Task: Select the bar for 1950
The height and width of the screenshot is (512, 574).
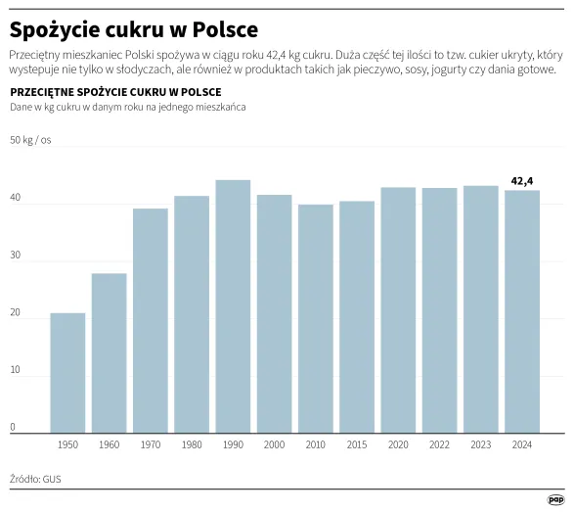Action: [x=67, y=373]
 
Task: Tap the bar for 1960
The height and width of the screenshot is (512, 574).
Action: [x=109, y=352]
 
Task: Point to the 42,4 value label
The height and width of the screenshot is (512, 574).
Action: [x=522, y=180]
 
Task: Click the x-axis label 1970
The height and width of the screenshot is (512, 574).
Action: [x=150, y=445]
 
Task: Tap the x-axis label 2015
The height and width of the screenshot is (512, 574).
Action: [x=356, y=445]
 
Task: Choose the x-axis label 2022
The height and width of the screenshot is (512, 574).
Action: [x=439, y=445]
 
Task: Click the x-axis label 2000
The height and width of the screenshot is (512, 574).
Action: [x=274, y=445]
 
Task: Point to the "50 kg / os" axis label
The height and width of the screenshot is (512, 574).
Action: [x=30, y=141]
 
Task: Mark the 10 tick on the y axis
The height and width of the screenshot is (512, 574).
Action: [x=15, y=369]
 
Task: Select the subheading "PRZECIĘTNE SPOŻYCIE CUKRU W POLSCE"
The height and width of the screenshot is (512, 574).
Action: [x=115, y=92]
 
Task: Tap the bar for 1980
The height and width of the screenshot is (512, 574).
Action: [x=192, y=314]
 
